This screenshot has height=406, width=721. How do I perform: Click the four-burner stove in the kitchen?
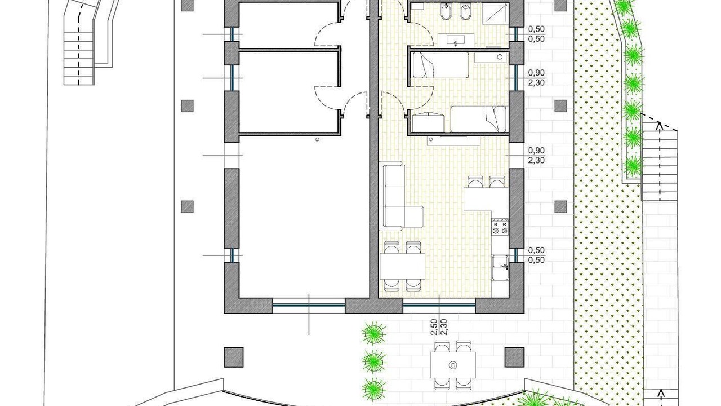click(x=500, y=226)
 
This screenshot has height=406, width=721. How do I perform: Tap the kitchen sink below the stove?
click(x=500, y=268)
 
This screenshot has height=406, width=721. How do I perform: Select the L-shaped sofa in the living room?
click(x=402, y=197)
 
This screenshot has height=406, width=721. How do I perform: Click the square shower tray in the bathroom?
click(x=496, y=15)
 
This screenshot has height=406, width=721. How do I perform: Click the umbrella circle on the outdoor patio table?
click(x=453, y=365)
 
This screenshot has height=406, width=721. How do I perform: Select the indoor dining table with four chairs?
click(x=402, y=266)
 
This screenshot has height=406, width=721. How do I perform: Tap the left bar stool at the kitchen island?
click(x=475, y=182)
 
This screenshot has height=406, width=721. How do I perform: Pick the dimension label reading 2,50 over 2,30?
click(x=439, y=327)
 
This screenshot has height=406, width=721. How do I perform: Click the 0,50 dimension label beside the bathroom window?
click(x=536, y=34)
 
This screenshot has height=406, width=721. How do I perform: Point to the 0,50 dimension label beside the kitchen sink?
click(x=536, y=255)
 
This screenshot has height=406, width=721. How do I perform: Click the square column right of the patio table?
click(x=514, y=358)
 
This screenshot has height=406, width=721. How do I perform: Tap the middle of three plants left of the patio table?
click(x=374, y=362)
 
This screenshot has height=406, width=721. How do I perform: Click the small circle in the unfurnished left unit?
click(x=317, y=139)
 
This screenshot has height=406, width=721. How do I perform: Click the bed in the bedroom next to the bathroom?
click(x=440, y=65)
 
